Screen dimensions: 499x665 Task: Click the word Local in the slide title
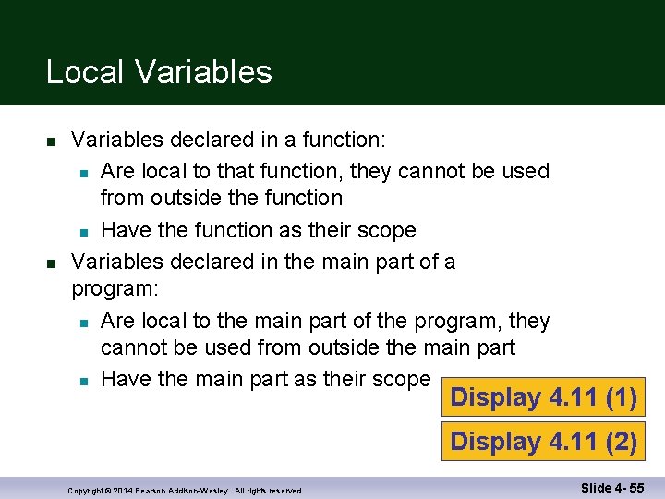pos(82,72)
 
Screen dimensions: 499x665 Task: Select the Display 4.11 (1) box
pos(543,397)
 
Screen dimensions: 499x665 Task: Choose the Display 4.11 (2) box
pos(543,442)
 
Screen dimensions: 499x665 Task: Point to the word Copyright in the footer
pos(87,490)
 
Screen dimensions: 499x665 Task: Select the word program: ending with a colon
pos(115,288)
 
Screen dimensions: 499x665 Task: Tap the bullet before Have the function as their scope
pos(83,231)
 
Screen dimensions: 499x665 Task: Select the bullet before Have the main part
pos(83,381)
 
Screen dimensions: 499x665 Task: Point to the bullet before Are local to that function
pos(83,172)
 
